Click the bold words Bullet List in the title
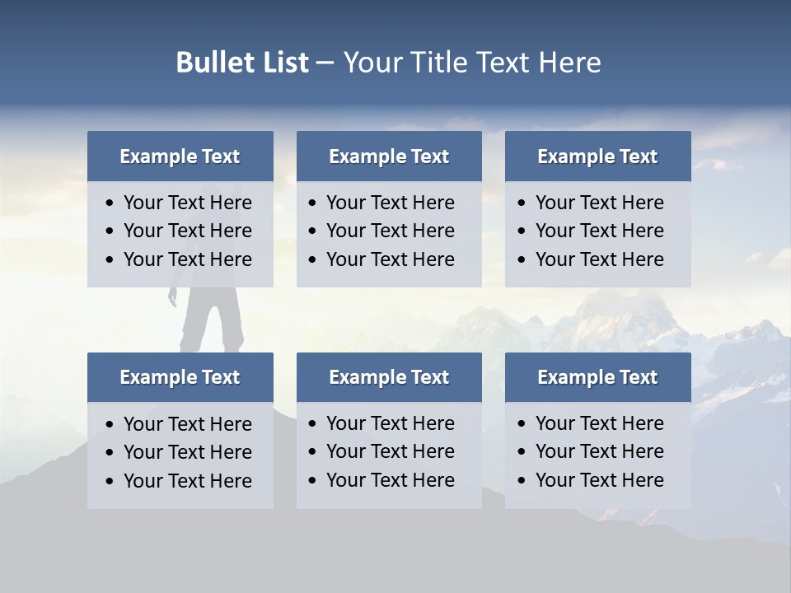point(242,63)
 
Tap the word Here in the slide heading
point(569,63)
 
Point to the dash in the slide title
point(325,63)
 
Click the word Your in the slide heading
point(370,63)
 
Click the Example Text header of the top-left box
point(180,156)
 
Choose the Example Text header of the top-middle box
point(389,156)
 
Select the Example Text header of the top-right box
point(597,156)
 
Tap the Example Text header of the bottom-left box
point(180,377)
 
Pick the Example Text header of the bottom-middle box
point(389,377)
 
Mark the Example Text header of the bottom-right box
point(597,377)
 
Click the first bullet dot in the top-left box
point(110,203)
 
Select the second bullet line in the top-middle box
point(390,231)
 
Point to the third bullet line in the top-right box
point(599,259)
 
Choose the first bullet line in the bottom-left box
point(187,424)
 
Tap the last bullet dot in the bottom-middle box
point(313,481)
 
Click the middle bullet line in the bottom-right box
point(599,451)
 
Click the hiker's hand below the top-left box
point(173,298)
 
